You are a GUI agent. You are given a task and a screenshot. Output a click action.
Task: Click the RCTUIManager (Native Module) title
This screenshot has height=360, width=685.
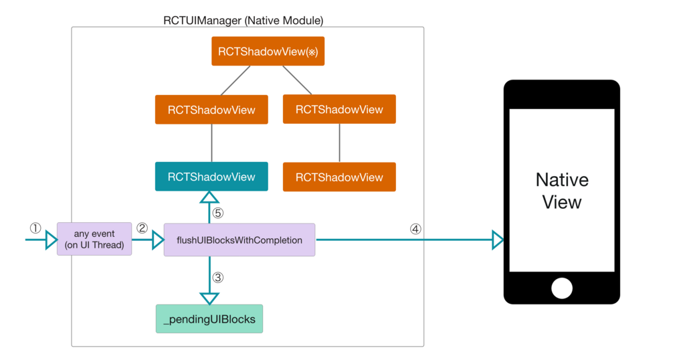243,21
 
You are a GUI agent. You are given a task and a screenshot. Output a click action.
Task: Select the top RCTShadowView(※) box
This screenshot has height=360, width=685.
268,52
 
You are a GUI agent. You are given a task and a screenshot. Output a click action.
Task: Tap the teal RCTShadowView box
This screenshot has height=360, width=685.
211,177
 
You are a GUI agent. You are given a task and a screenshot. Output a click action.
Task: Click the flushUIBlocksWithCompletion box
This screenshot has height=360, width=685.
239,240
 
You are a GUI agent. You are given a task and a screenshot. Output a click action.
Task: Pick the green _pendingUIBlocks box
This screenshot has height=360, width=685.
209,319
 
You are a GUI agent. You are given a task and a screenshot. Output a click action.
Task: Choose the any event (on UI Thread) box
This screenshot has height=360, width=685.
94,240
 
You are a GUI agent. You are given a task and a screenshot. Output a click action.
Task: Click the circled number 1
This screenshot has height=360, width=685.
35,228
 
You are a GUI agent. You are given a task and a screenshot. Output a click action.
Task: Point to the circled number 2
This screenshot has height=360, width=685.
142,228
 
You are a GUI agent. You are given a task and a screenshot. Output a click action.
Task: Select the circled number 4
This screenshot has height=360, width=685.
415,229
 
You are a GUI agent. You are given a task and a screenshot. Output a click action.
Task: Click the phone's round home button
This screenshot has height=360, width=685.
562,288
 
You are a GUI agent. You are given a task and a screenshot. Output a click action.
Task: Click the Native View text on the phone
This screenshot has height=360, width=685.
562,191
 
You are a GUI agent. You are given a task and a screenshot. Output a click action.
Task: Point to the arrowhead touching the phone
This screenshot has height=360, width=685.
498,240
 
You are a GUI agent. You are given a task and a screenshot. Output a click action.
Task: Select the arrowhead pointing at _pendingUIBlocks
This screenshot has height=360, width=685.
210,298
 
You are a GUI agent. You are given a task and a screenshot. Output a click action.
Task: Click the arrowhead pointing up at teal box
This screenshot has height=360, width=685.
210,197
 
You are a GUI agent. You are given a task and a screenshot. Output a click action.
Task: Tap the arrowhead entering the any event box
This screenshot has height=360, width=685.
52,240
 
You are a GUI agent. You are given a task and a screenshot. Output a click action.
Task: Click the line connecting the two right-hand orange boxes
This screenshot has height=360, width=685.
339,143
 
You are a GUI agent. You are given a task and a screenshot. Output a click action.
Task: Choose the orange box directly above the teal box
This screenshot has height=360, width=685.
211,110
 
